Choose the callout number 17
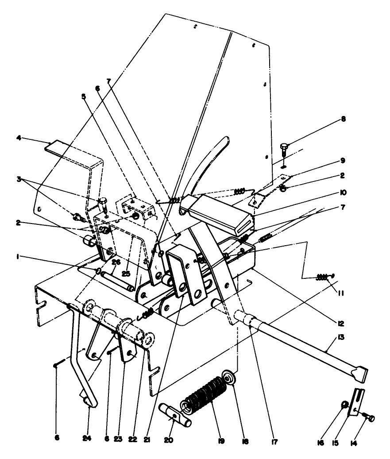[275, 440]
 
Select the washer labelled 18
[230, 380]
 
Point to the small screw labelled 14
[369, 417]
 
